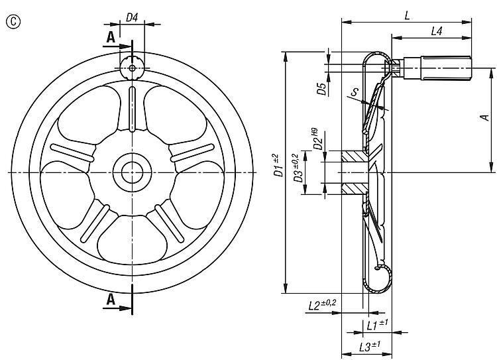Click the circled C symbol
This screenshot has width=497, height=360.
click(x=13, y=22)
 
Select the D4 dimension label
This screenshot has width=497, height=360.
click(x=132, y=17)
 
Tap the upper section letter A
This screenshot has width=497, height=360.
click(x=111, y=37)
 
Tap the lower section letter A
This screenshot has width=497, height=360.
click(x=111, y=299)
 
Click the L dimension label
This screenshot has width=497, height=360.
click(x=408, y=15)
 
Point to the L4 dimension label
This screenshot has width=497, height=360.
click(x=437, y=30)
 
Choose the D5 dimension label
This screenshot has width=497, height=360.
click(x=321, y=89)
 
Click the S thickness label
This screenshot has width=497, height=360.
click(x=355, y=91)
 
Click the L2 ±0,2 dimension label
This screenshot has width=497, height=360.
click(x=322, y=305)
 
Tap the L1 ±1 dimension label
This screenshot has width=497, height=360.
click(x=377, y=325)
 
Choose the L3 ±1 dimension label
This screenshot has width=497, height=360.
click(x=370, y=345)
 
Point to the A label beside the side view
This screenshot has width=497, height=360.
click(x=484, y=117)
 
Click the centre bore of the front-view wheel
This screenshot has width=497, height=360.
click(x=132, y=172)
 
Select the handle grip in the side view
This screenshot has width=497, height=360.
click(x=446, y=68)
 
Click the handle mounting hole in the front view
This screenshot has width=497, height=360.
click(x=132, y=68)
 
